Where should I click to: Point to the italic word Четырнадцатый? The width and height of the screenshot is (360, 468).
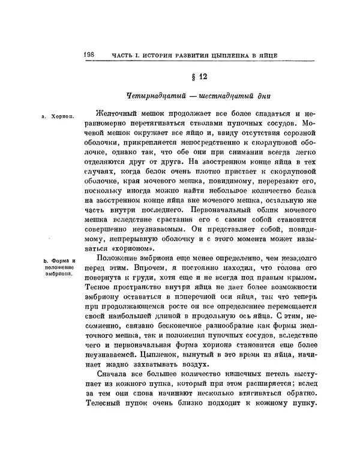point(155,96)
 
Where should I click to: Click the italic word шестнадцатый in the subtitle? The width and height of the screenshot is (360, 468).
point(222,96)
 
